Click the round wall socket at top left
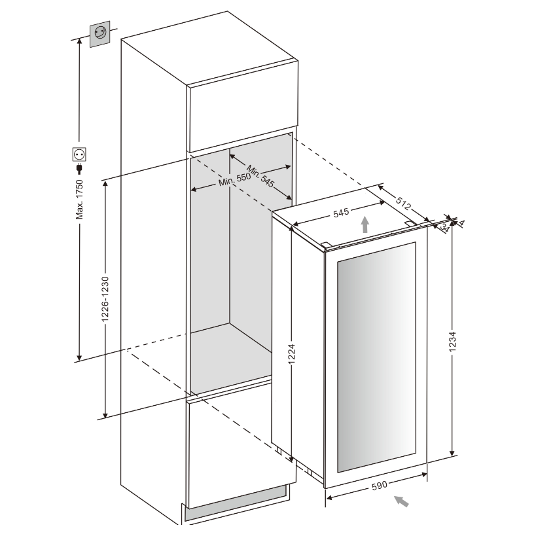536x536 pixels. tap(100, 33)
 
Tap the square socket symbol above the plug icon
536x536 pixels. tap(79, 154)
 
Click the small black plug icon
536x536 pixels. tap(79, 168)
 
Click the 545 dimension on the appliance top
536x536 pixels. tap(340, 212)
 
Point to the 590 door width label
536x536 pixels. tap(381, 486)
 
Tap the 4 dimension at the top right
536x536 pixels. tap(460, 223)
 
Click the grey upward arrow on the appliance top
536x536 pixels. tap(365, 226)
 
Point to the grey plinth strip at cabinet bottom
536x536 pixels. tap(236, 507)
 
